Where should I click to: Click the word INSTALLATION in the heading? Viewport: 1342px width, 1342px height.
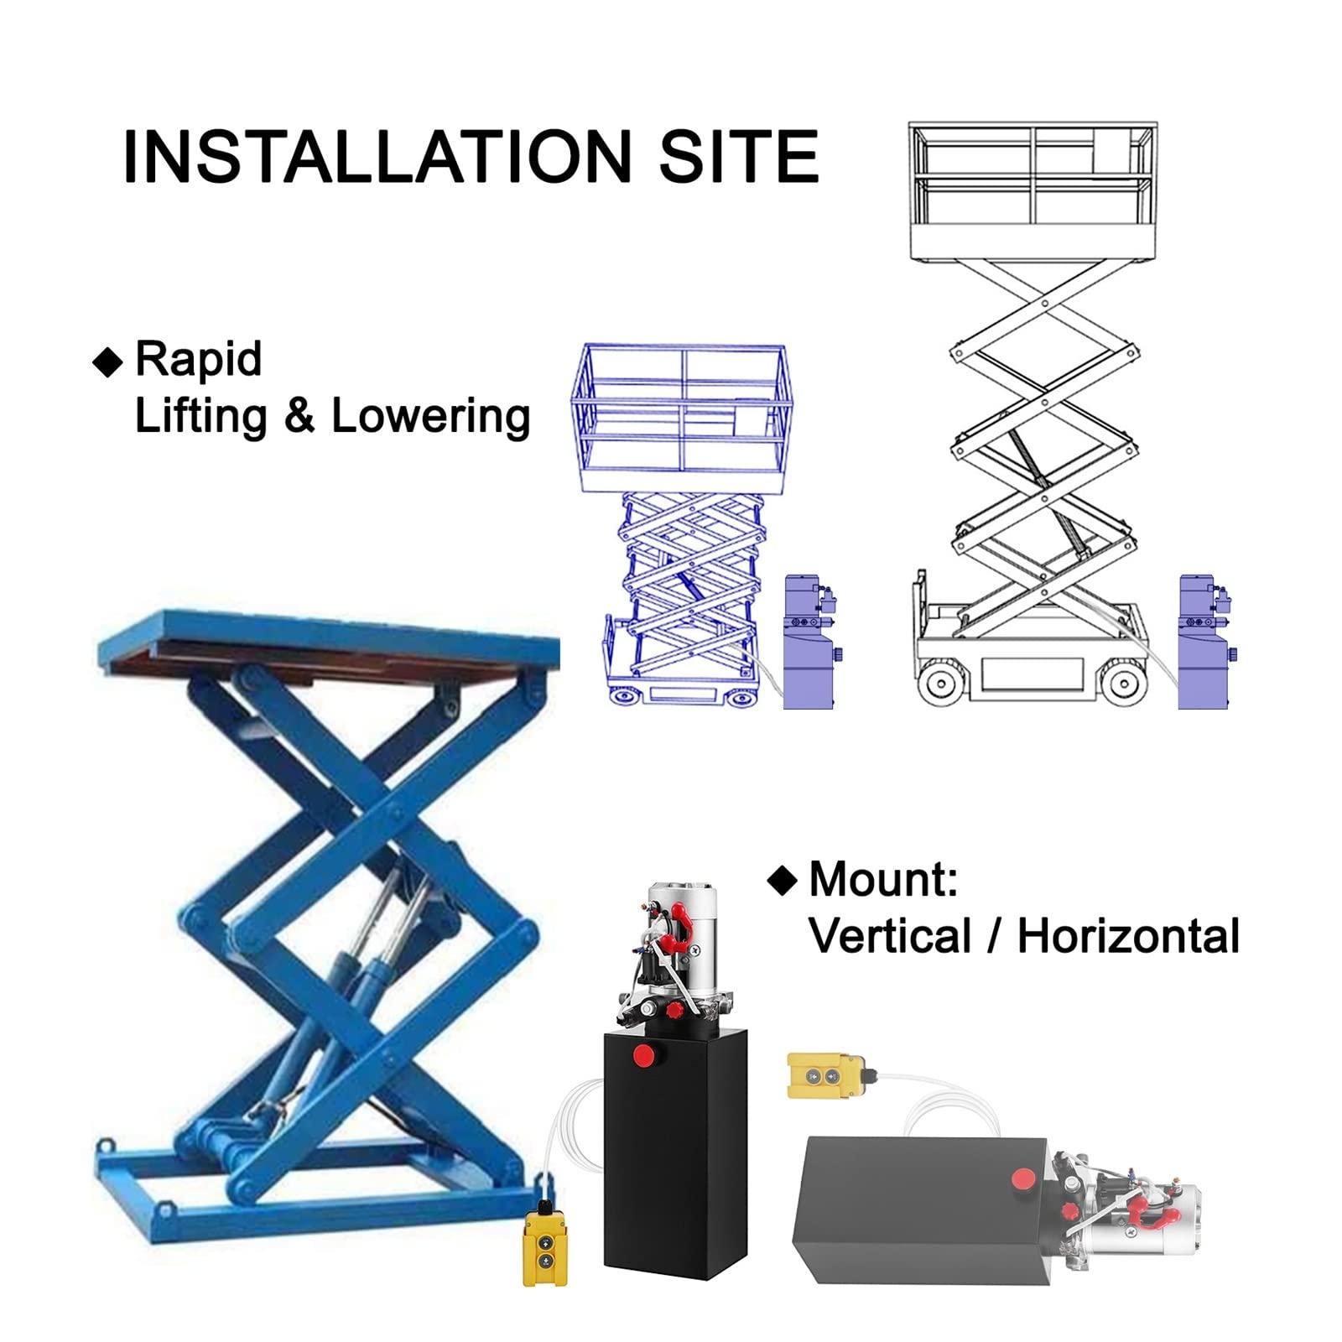377,156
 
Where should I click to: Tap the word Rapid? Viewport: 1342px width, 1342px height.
199,361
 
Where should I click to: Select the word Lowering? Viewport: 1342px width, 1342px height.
431,417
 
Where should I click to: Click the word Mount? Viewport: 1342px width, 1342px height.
883,880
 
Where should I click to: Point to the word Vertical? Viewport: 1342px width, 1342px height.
890,936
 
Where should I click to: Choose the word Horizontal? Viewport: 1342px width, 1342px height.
1128,936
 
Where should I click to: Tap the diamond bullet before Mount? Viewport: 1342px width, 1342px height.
782,881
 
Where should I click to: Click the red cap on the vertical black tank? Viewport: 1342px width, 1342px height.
644,1055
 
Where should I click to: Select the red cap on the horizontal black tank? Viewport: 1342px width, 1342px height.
1022,1178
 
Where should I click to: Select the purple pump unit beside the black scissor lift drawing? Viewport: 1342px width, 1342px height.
1205,642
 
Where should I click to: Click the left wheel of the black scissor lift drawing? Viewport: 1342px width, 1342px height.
942,683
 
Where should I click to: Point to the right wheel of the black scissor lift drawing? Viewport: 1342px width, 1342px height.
1123,683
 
